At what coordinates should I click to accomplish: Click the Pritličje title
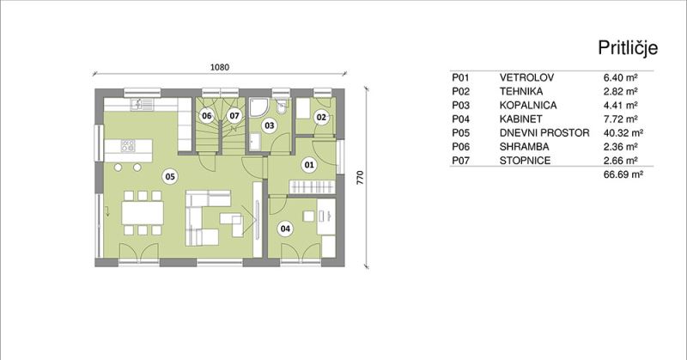628,48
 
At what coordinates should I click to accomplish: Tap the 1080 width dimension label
220,67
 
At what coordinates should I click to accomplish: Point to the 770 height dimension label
360,177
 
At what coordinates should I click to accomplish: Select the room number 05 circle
170,176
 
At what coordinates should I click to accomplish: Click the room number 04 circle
285,228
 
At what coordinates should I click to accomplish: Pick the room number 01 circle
309,165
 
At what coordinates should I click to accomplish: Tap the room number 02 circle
321,117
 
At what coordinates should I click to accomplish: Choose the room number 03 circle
270,125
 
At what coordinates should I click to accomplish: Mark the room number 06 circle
206,116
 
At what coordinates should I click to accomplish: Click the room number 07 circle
234,116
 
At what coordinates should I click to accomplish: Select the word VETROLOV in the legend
526,77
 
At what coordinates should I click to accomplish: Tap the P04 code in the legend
460,119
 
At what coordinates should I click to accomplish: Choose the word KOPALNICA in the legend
528,105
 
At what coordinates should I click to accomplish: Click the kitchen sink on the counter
142,104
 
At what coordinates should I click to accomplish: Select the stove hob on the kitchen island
128,145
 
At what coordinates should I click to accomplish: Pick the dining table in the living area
143,213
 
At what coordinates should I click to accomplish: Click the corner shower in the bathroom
259,107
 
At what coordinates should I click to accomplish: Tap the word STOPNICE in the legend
525,161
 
